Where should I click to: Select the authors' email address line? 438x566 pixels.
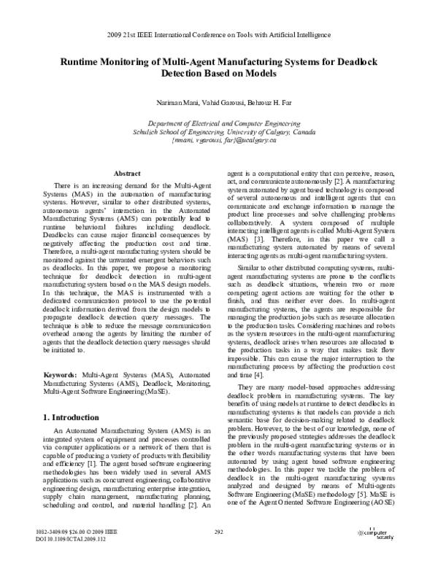point(219,141)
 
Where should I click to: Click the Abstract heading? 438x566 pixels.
point(128,173)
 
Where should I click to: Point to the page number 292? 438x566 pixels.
point(218,551)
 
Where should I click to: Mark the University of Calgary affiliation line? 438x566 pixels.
point(219,133)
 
